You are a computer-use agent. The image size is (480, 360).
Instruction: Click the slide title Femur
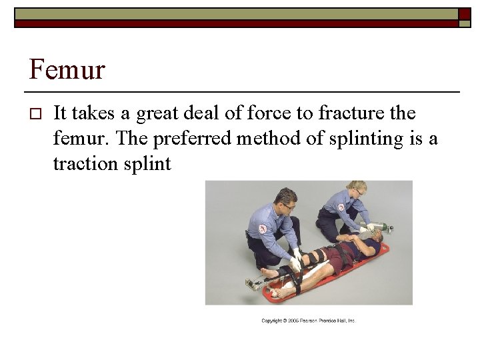[67, 69]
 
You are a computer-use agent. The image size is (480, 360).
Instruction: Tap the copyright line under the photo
[309, 321]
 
